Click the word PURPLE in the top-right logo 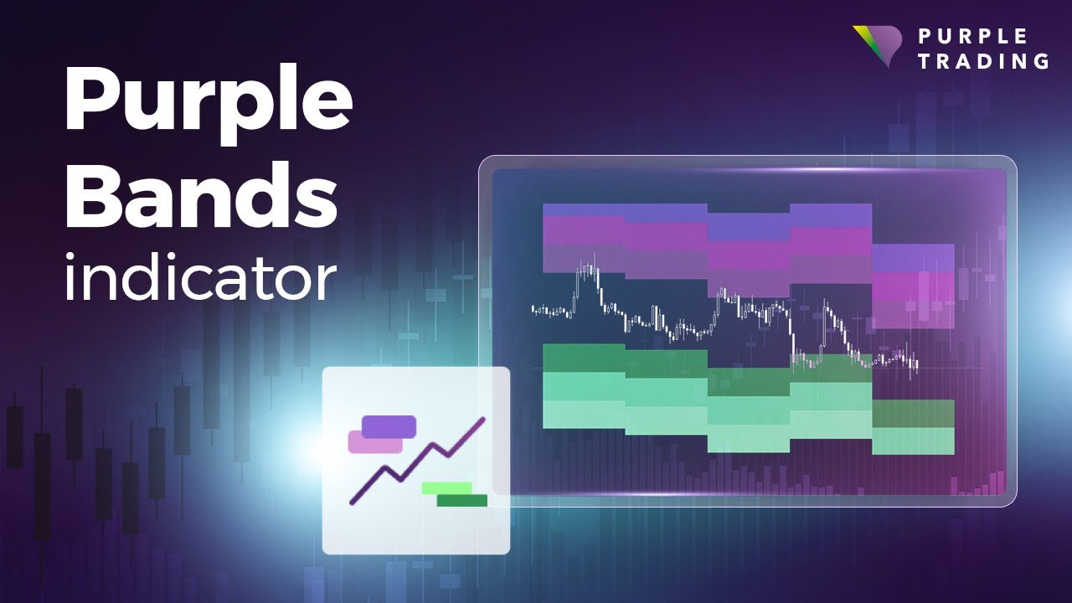coord(972,36)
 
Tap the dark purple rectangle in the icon coord(389,426)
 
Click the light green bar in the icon coord(446,487)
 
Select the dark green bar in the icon coord(461,500)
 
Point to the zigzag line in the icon coord(416,462)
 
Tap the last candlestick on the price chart coord(918,365)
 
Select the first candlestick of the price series coord(533,310)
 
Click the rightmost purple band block coord(913,286)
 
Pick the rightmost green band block coord(913,427)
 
